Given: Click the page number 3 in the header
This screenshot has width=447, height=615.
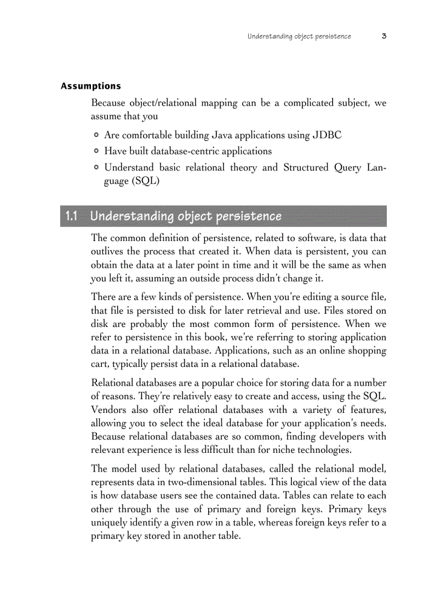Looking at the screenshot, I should pyautogui.click(x=384, y=37).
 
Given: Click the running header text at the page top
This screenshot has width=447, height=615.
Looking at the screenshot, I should pyautogui.click(x=299, y=37).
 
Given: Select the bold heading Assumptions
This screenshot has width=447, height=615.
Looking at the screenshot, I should pyautogui.click(x=90, y=86).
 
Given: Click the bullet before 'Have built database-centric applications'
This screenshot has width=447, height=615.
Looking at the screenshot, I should pyautogui.click(x=96, y=151).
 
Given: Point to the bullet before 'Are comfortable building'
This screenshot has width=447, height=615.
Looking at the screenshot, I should pyautogui.click(x=96, y=135).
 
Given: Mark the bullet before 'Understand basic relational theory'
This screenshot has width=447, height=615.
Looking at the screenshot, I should pyautogui.click(x=96, y=167).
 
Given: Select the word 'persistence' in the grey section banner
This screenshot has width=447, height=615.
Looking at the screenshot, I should pyautogui.click(x=249, y=216).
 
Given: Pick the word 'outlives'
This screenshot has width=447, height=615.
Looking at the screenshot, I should pyautogui.click(x=107, y=251).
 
